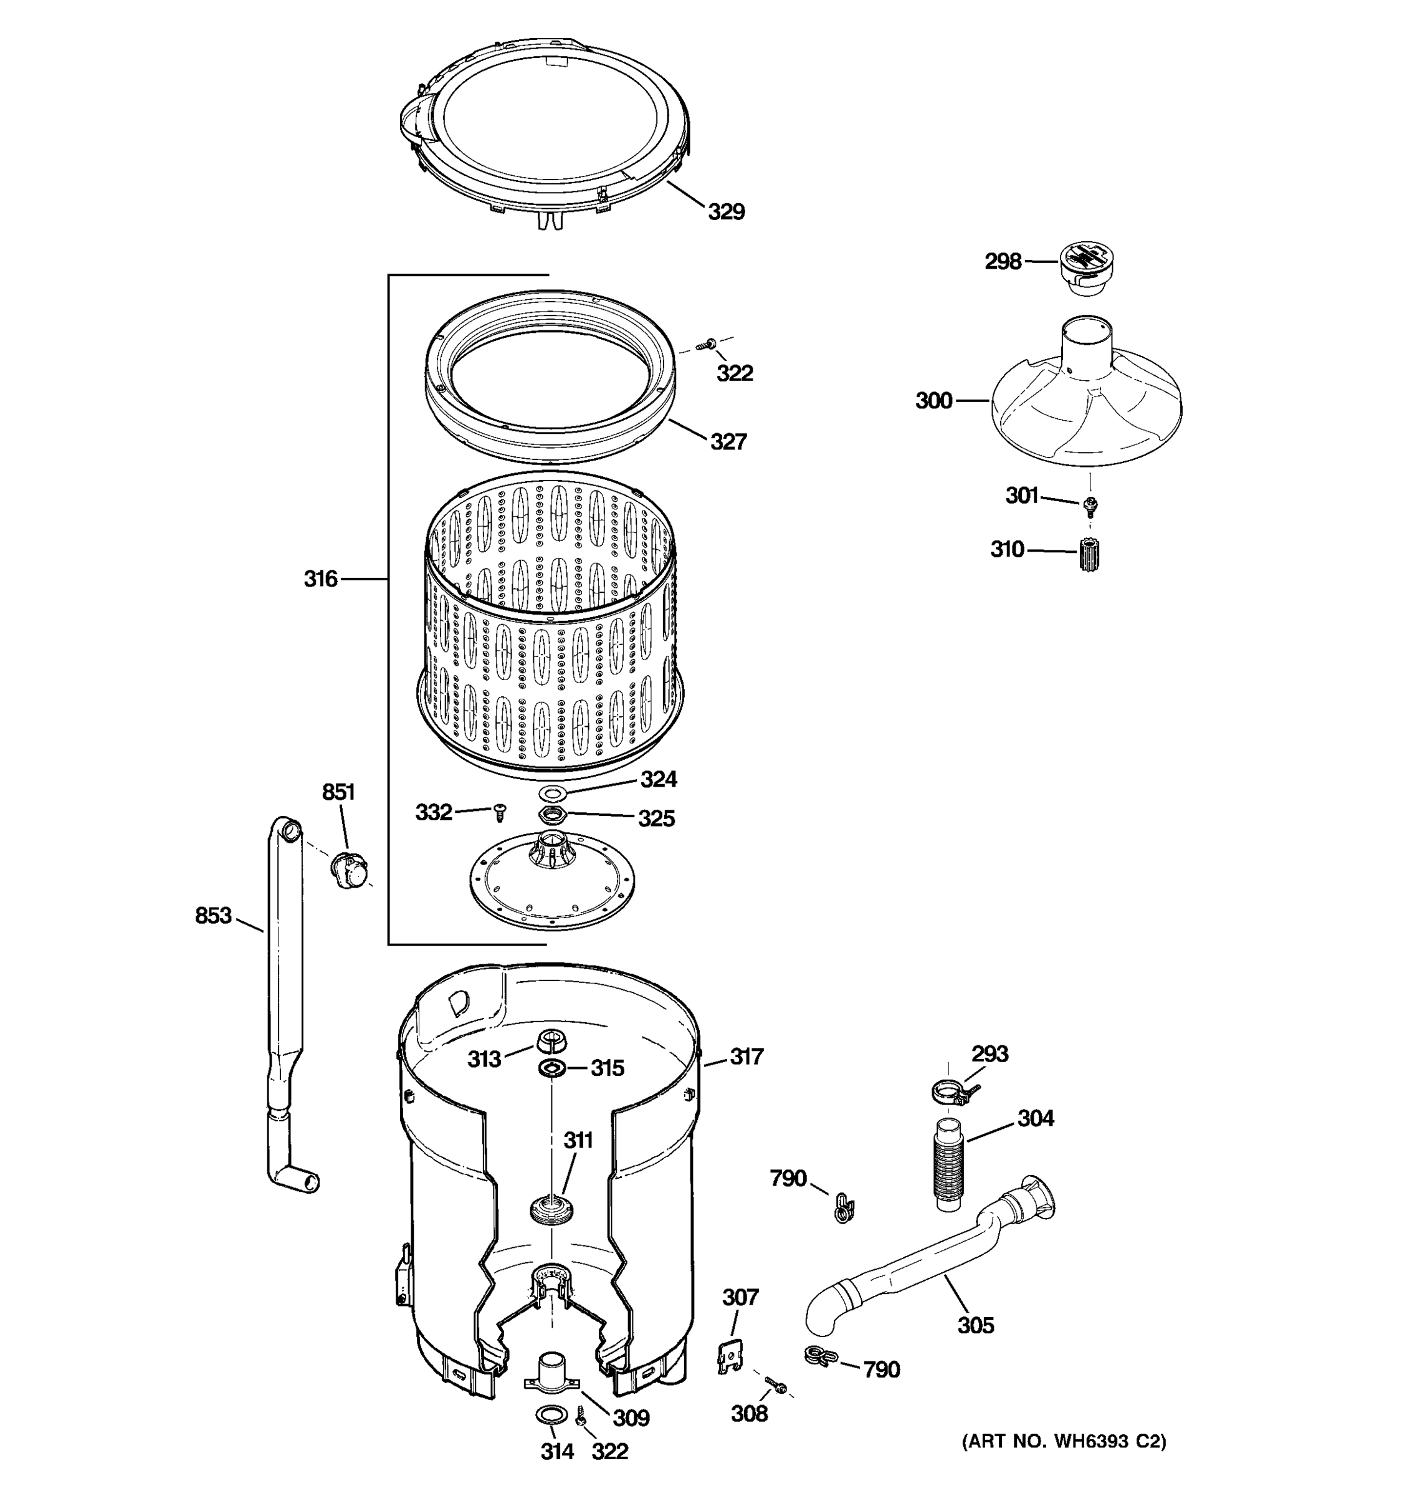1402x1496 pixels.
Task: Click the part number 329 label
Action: point(726,212)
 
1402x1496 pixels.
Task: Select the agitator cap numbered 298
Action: point(1085,268)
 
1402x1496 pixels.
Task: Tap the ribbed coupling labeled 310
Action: point(1087,555)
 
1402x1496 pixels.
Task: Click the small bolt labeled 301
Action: point(1089,505)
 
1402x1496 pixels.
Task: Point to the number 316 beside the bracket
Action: point(320,578)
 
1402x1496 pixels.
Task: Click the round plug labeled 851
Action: point(350,871)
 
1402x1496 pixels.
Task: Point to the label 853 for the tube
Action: point(213,916)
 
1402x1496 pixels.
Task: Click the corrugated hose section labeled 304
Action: point(949,1166)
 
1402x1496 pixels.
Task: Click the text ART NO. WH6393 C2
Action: point(1064,1441)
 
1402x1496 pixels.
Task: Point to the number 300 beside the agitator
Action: point(933,401)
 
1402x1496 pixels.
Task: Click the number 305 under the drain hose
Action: point(976,1325)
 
